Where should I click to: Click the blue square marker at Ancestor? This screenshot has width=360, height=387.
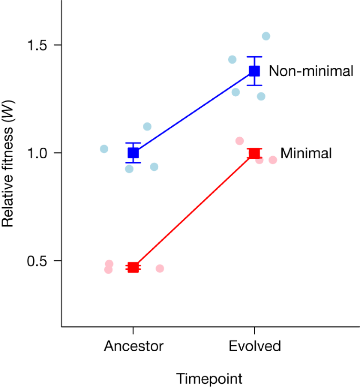click(x=133, y=153)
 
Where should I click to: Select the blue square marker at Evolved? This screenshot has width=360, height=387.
click(x=254, y=71)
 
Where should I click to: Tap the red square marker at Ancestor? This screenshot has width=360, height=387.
click(x=133, y=268)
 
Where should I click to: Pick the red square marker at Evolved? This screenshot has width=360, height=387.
click(x=254, y=153)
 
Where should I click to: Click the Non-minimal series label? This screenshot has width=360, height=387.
click(x=311, y=72)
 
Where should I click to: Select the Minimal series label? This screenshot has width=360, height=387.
click(x=306, y=154)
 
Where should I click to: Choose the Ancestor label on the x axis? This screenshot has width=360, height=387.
click(x=133, y=346)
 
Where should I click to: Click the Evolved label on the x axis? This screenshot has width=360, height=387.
click(x=254, y=346)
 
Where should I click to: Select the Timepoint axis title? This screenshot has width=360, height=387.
click(x=209, y=379)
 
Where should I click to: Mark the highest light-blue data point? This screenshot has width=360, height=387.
click(x=266, y=36)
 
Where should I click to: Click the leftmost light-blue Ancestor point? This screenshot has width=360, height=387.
click(x=104, y=149)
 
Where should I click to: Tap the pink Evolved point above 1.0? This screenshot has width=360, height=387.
click(x=240, y=141)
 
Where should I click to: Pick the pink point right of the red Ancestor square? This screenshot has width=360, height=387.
click(x=160, y=269)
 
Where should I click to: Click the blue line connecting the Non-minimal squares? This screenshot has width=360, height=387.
click(x=194, y=112)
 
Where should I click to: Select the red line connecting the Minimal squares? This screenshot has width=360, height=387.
click(x=194, y=210)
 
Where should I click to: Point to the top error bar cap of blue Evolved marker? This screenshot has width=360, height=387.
click(x=254, y=57)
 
